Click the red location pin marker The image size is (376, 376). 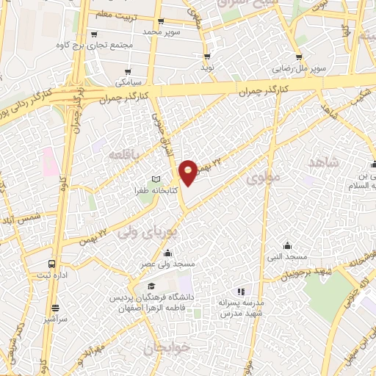(x=189, y=172)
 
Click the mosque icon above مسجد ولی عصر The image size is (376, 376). (x=169, y=253)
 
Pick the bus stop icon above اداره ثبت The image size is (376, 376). (x=51, y=263)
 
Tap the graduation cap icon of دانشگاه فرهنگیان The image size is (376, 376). (x=151, y=286)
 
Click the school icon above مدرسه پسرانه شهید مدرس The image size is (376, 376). (x=242, y=292)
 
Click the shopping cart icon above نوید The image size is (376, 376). (x=208, y=57)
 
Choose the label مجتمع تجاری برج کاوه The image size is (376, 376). (x=87, y=45)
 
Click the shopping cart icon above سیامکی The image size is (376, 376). (x=128, y=72)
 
